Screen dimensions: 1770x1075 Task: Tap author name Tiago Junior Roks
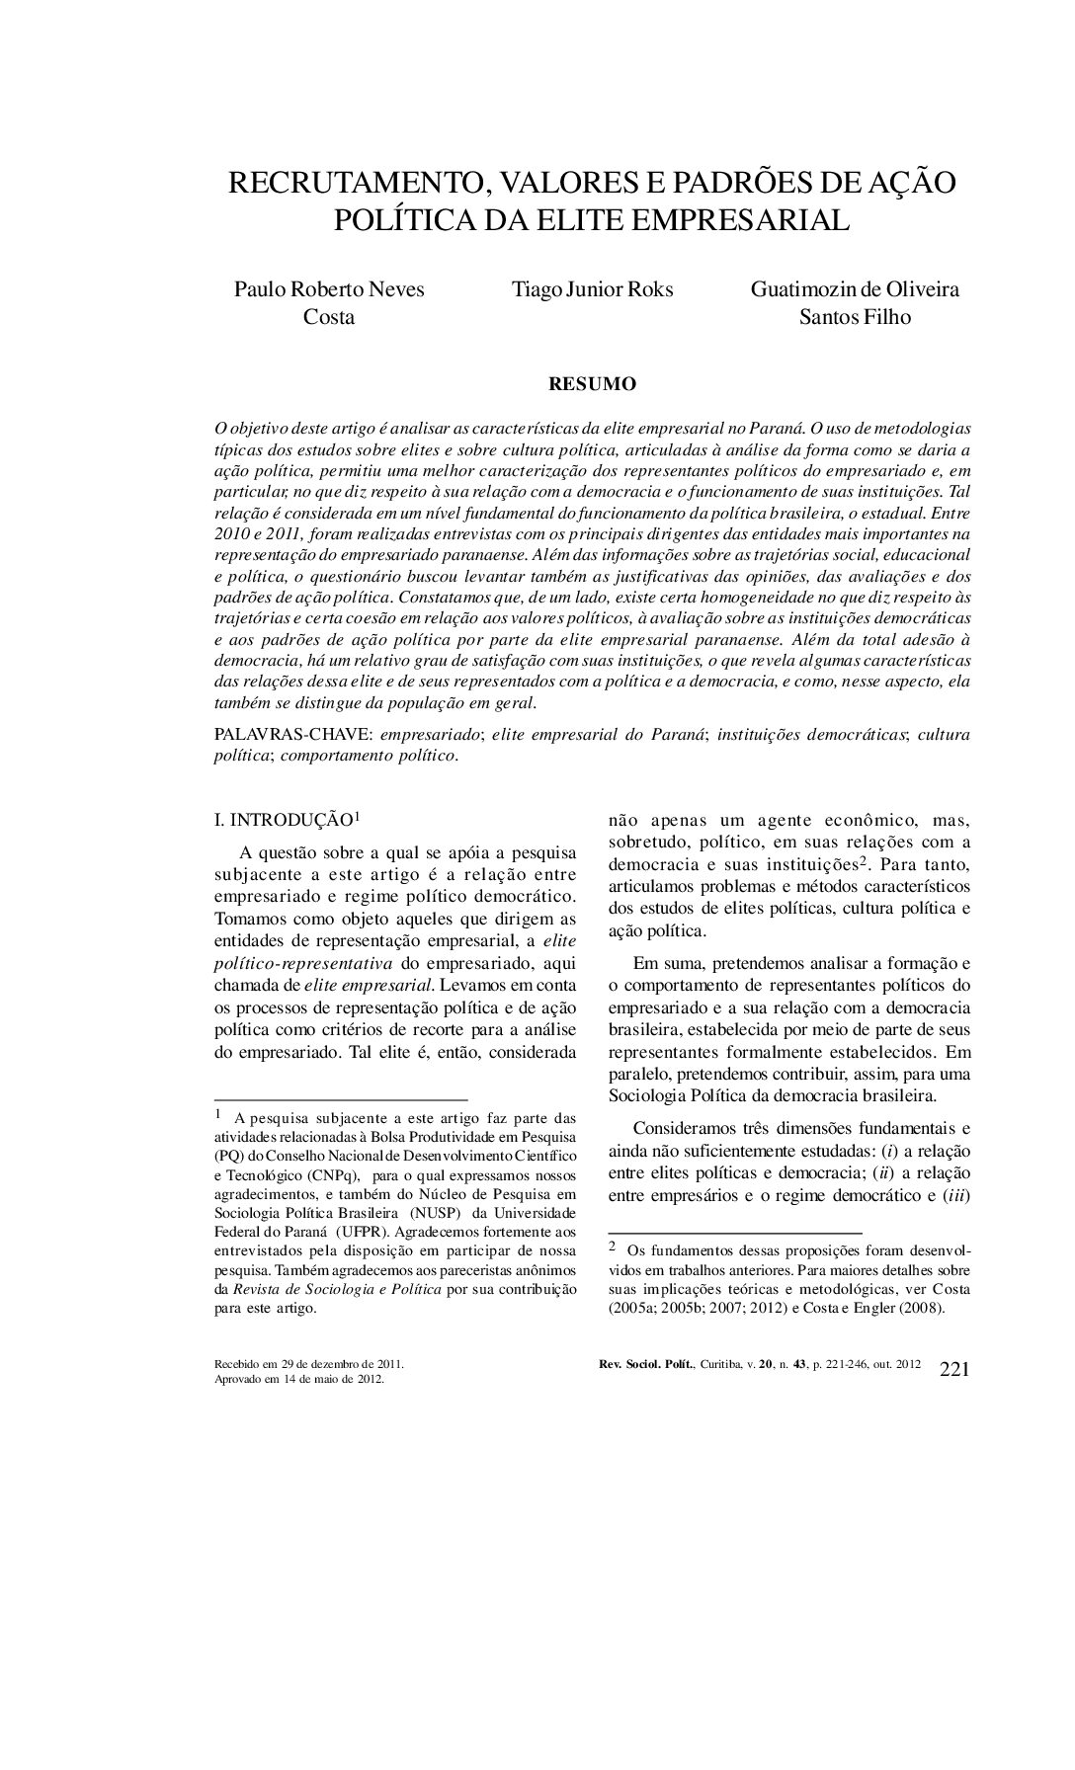pyautogui.click(x=592, y=289)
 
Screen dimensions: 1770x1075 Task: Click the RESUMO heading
pyautogui.click(x=592, y=384)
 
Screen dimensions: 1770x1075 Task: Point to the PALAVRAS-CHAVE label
pyautogui.click(x=293, y=735)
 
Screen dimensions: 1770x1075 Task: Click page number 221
pyautogui.click(x=953, y=1369)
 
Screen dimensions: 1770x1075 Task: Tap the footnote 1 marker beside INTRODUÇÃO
pyautogui.click(x=357, y=816)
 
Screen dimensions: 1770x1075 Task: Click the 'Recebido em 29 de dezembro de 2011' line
pyautogui.click(x=309, y=1364)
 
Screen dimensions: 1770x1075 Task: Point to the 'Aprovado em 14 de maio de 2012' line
pyautogui.click(x=299, y=1380)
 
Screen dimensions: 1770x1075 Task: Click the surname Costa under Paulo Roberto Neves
pyautogui.click(x=328, y=317)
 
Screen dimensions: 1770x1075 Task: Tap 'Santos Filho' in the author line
pyautogui.click(x=855, y=317)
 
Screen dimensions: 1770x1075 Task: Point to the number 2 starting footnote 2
pyautogui.click(x=612, y=1247)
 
